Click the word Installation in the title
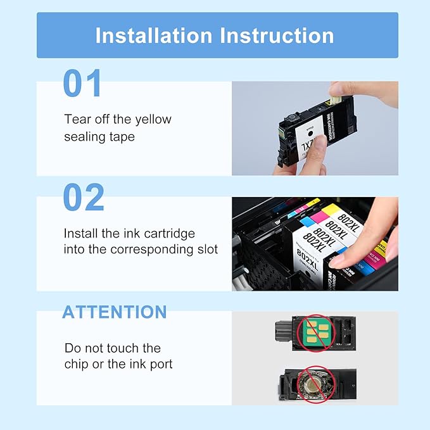154,35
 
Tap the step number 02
84,198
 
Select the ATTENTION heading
114,312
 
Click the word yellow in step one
152,119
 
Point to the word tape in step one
122,137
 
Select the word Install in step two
80,234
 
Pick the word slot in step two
205,250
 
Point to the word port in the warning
160,364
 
